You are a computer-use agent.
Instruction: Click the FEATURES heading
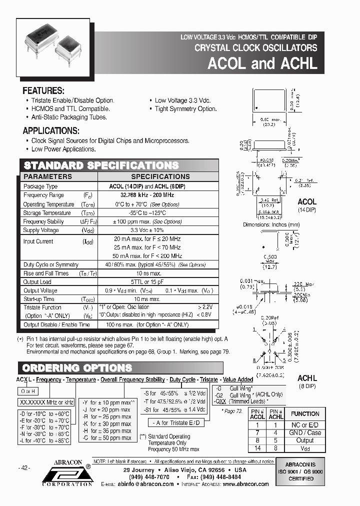point(43,91)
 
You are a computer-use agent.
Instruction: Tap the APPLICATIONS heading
point(51,131)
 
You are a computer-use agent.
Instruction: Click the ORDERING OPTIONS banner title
point(78,368)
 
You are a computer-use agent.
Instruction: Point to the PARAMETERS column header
point(48,176)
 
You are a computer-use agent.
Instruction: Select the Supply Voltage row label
point(41,230)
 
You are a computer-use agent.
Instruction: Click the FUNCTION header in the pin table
point(305,413)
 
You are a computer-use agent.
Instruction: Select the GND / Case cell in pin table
point(305,433)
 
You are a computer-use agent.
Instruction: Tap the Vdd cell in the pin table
point(305,448)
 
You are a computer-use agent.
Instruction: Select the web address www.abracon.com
point(244,484)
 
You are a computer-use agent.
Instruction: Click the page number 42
point(24,467)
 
